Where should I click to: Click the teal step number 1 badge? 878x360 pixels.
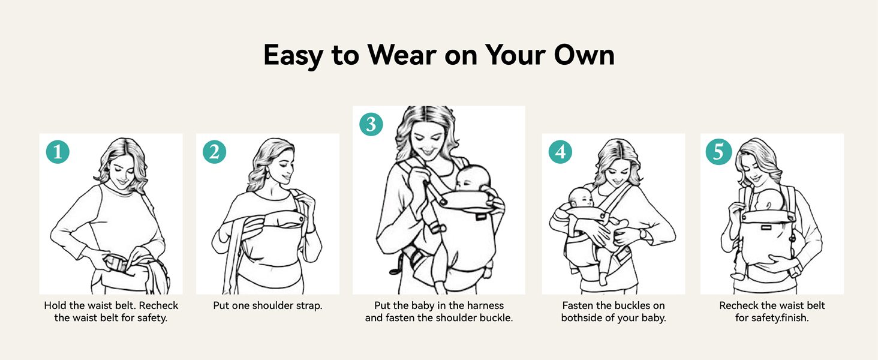58,152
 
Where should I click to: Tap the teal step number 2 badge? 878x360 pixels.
214,152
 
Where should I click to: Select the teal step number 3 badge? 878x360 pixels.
371,124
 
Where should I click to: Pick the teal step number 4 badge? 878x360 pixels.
560,152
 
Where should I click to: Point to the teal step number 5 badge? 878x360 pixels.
718,152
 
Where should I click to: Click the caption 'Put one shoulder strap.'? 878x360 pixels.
267,305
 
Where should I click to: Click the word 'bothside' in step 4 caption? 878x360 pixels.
579,318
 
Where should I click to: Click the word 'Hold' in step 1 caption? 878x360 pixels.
55,305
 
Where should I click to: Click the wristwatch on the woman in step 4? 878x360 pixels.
642,233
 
